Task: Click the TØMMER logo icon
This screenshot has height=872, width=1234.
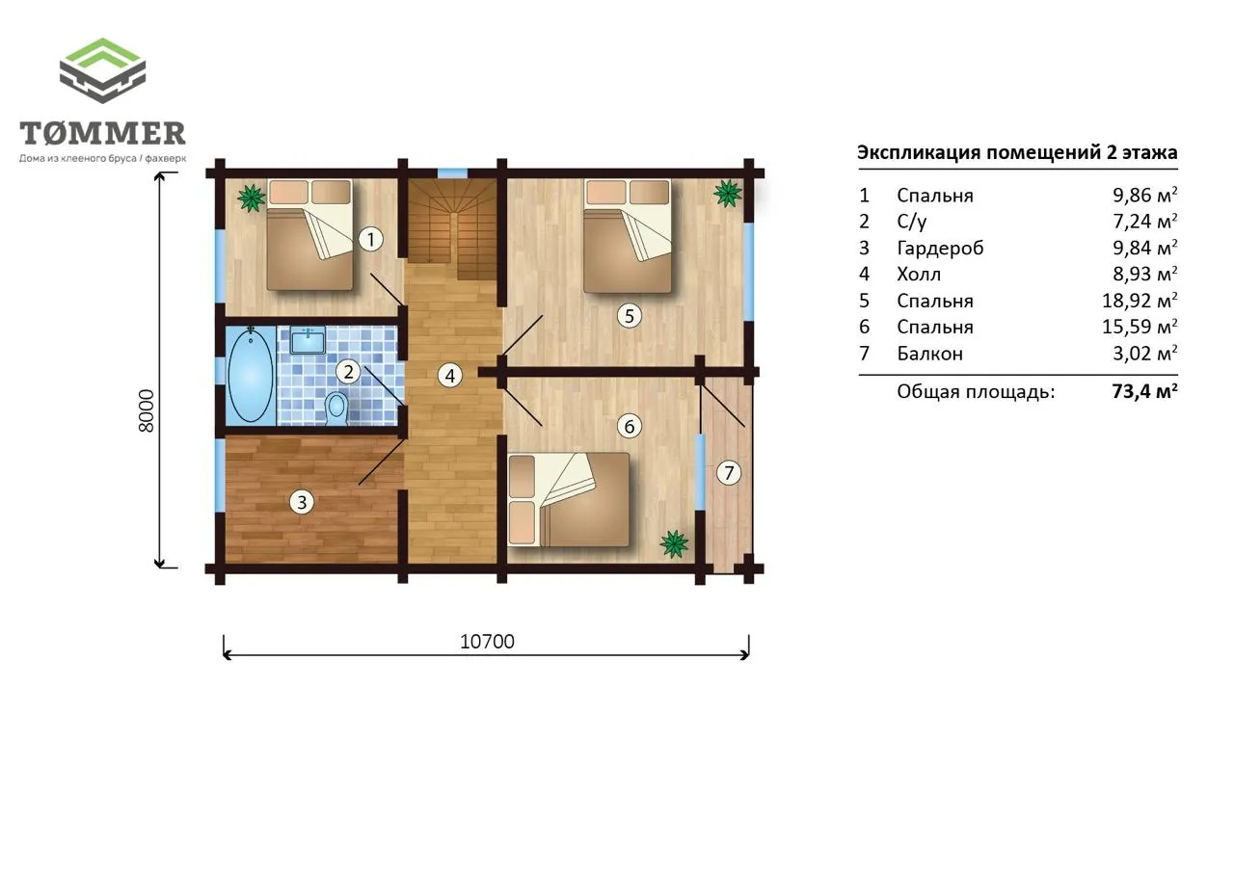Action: pyautogui.click(x=102, y=70)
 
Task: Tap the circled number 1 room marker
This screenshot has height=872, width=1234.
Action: pyautogui.click(x=371, y=240)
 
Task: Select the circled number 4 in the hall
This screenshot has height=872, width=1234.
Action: pyautogui.click(x=450, y=376)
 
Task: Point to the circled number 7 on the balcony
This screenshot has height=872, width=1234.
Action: pyautogui.click(x=729, y=472)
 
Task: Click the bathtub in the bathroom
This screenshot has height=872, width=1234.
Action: pyautogui.click(x=251, y=375)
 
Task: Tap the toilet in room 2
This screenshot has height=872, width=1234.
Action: pyautogui.click(x=336, y=408)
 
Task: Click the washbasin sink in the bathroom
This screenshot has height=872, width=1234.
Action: pyautogui.click(x=308, y=340)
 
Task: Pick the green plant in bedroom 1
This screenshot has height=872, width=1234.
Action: pyautogui.click(x=252, y=198)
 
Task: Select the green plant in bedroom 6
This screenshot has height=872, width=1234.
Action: pyautogui.click(x=674, y=543)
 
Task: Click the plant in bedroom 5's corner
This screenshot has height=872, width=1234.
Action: pyautogui.click(x=727, y=194)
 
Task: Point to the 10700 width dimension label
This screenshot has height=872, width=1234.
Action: pyautogui.click(x=487, y=642)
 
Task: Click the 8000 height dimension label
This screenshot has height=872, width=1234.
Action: pyautogui.click(x=147, y=410)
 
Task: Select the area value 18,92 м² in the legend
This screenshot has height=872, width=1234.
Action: pyautogui.click(x=1140, y=300)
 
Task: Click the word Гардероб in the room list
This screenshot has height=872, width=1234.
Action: pyautogui.click(x=940, y=249)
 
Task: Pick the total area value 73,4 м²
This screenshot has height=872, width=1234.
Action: pyautogui.click(x=1144, y=391)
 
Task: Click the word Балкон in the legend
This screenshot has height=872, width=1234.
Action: pyautogui.click(x=930, y=353)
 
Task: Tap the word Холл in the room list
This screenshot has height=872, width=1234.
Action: pyautogui.click(x=919, y=274)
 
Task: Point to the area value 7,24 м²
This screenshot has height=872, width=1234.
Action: pyautogui.click(x=1144, y=221)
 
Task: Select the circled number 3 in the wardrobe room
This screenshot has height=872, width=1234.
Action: pyautogui.click(x=302, y=502)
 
